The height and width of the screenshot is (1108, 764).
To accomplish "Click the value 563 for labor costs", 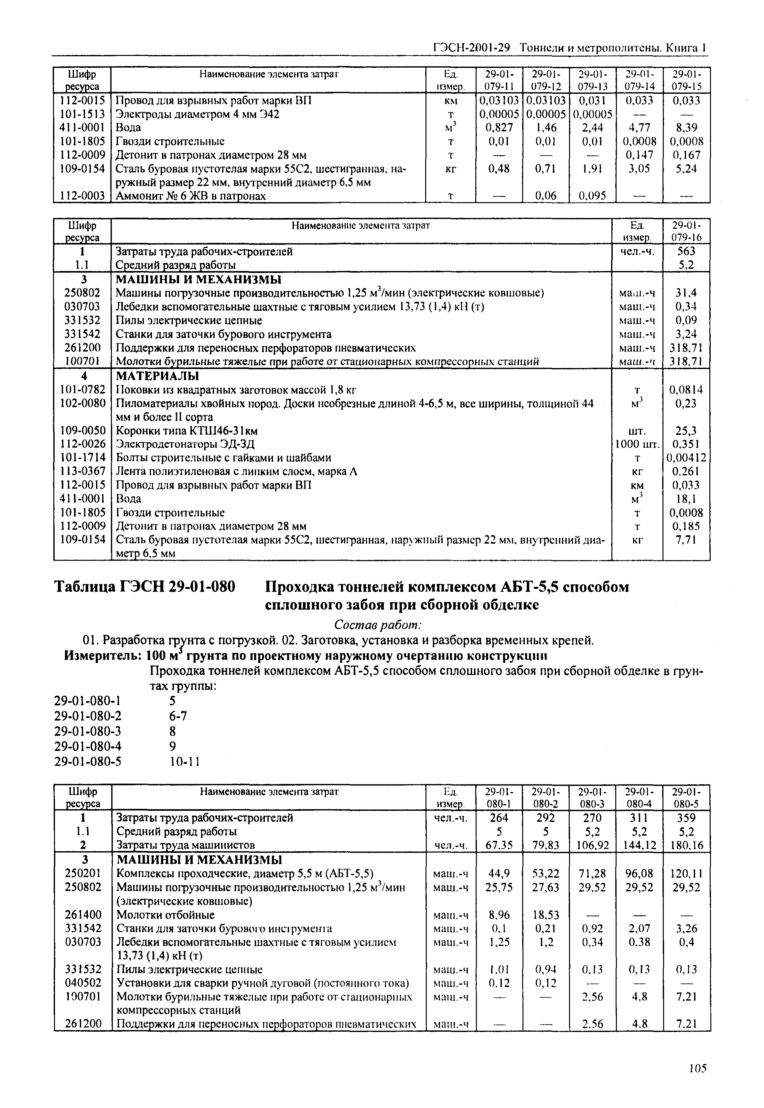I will (x=686, y=251).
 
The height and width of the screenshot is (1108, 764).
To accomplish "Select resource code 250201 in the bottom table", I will (x=83, y=874).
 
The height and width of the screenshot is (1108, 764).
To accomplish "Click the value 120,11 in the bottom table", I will (x=686, y=874).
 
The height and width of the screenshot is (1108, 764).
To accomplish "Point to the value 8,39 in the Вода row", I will (x=686, y=128).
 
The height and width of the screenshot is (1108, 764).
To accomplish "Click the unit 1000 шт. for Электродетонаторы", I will (x=637, y=444).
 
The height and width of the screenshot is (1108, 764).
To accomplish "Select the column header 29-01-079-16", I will (x=686, y=231).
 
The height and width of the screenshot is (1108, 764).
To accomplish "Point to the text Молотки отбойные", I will (x=165, y=915).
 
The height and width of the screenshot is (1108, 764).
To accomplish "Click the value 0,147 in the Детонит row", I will (x=640, y=155).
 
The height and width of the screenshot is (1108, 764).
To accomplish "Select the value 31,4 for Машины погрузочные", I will (x=686, y=293).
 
